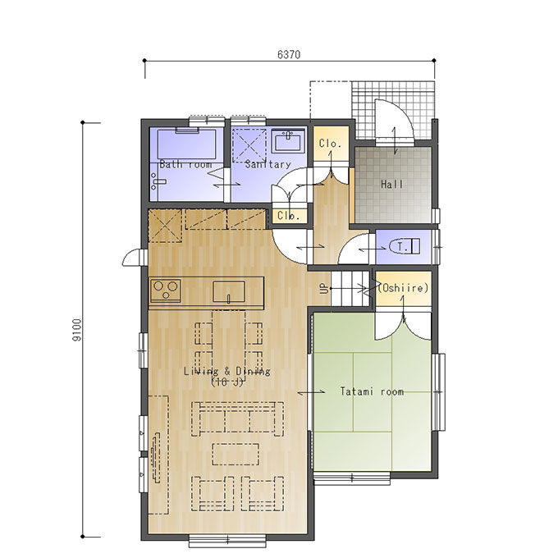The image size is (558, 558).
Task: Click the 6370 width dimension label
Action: [x=289, y=54]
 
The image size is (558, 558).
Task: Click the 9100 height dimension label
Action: [x=77, y=330]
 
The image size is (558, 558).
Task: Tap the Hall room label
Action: [x=391, y=185]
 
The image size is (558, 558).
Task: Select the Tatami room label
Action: [x=372, y=391]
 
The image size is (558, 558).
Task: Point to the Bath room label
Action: [x=185, y=164]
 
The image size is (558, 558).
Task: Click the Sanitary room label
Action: [x=268, y=164]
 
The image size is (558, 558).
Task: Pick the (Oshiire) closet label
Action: [x=403, y=287]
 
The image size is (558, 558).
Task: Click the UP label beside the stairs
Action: [x=324, y=288]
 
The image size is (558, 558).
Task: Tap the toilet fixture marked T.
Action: [x=405, y=246]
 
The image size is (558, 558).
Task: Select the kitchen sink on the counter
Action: [x=229, y=291]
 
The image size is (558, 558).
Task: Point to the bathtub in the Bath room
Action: [x=186, y=144]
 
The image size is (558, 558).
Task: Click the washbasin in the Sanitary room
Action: [x=288, y=141]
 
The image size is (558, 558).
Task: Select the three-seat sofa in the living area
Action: [x=237, y=418]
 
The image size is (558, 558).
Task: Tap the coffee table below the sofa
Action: [x=236, y=454]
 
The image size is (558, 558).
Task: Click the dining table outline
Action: [x=229, y=341]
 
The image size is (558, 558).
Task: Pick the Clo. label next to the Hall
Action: [x=330, y=144]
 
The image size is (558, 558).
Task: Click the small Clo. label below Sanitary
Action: [x=288, y=216]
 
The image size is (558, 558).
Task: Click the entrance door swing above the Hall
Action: [x=395, y=120]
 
